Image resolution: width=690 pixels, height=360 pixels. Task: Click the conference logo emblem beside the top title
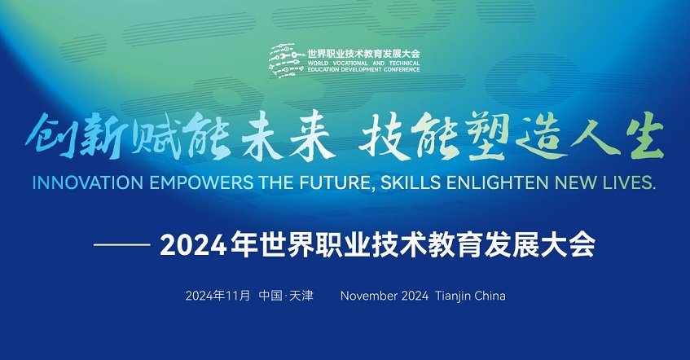(x=287, y=61)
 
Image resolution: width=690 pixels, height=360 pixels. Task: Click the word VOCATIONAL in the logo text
(x=349, y=64)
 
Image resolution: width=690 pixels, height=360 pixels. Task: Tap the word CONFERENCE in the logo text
(x=402, y=69)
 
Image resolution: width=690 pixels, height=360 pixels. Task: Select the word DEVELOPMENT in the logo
(x=363, y=69)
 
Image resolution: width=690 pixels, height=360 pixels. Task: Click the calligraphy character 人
(x=595, y=137)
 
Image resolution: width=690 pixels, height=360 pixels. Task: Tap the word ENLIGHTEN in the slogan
(x=498, y=182)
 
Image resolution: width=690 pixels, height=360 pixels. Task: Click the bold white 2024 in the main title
(x=193, y=244)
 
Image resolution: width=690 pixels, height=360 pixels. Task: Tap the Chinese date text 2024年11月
(x=218, y=296)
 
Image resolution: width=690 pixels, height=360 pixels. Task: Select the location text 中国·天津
(x=286, y=296)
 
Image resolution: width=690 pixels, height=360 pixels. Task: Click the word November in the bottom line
(x=368, y=296)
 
